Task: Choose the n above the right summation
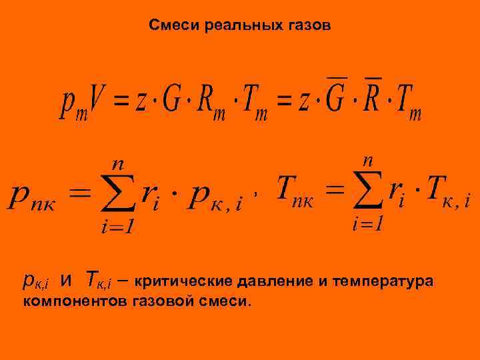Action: click(x=368, y=159)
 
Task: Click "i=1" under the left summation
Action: click(x=117, y=227)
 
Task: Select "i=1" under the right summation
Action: click(x=367, y=224)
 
